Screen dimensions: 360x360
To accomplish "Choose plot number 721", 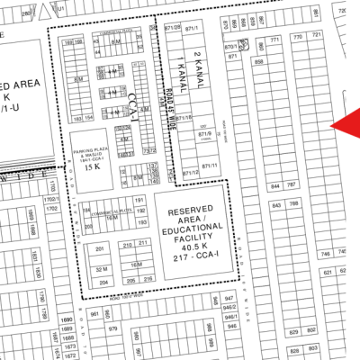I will [316, 35].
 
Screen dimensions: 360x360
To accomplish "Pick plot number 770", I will [298, 35].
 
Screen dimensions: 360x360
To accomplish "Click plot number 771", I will [273, 40].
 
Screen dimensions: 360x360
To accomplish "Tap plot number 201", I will [100, 248].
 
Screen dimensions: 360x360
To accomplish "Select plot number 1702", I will [51, 208].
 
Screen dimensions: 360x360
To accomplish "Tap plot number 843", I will [276, 204].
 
